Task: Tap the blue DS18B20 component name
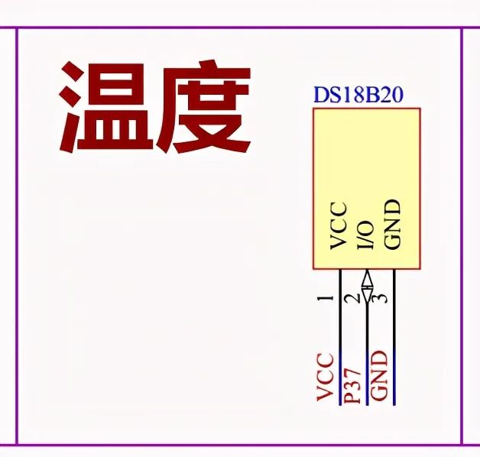coord(358,96)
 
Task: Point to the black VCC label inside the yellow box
coord(339,226)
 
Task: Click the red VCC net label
coord(325,377)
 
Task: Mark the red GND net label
coord(380,376)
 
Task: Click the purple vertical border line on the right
coord(462,229)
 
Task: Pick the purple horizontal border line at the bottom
coord(229,444)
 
